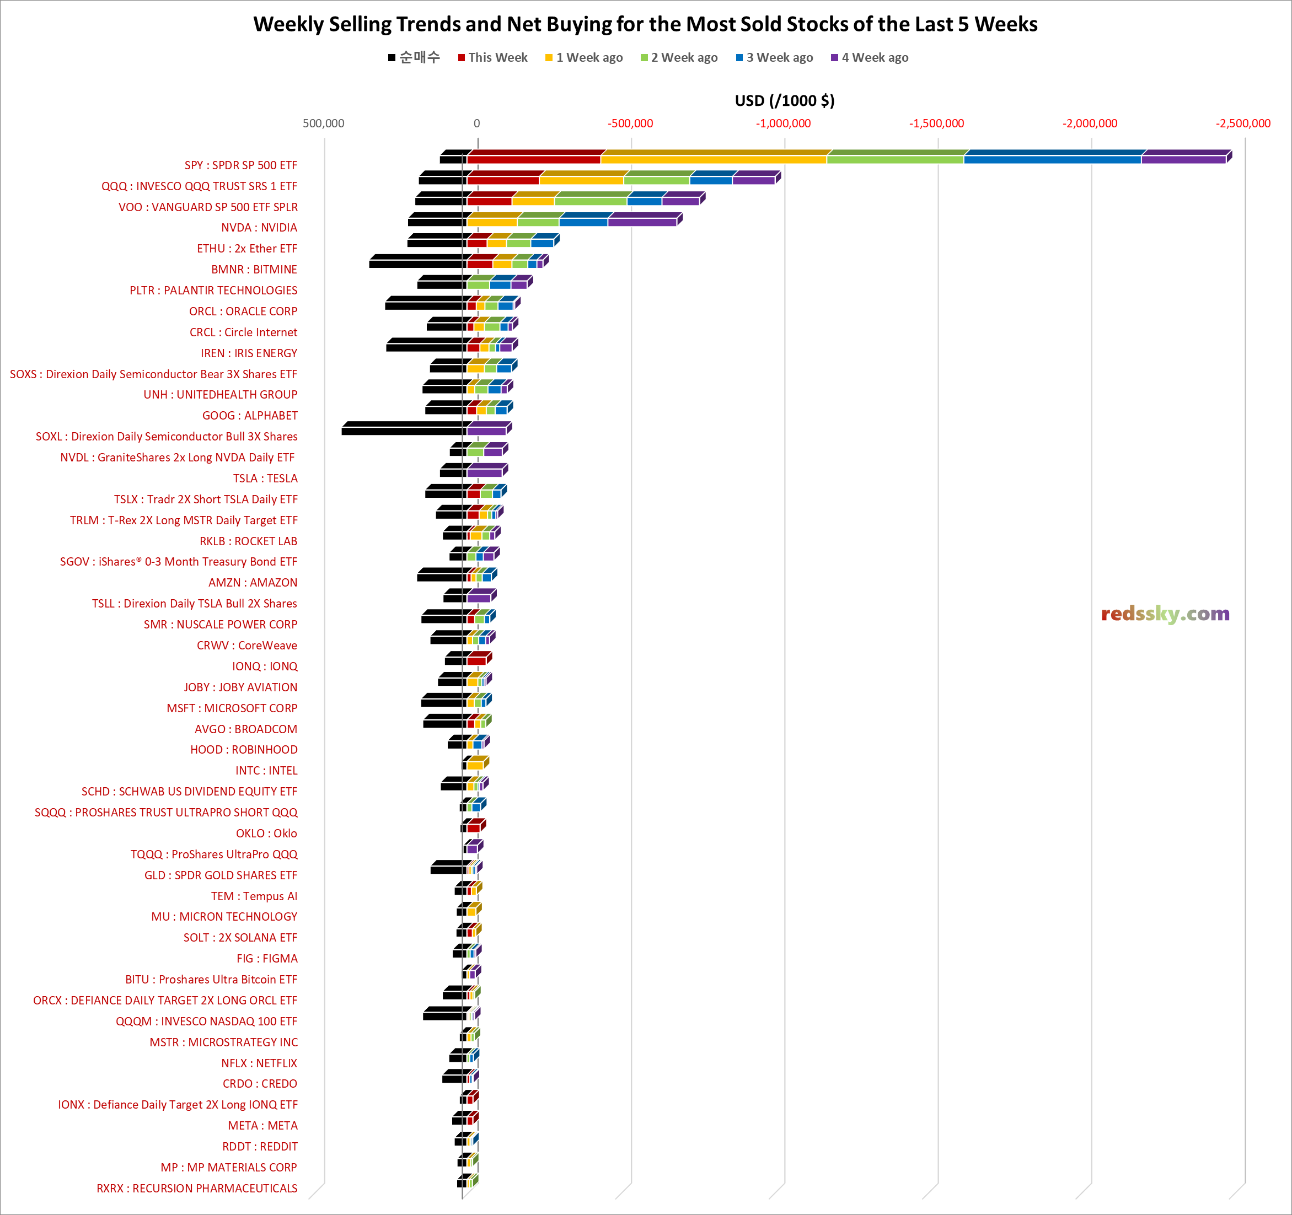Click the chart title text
coord(645,24)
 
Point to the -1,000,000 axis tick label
coord(783,123)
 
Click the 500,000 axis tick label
coord(323,123)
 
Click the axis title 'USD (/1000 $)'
coord(785,101)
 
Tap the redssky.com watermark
coord(1165,614)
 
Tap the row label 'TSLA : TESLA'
coord(265,478)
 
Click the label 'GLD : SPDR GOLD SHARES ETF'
coord(221,875)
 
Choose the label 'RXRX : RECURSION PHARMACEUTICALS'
coord(197,1189)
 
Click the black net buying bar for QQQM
coord(444,1015)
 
